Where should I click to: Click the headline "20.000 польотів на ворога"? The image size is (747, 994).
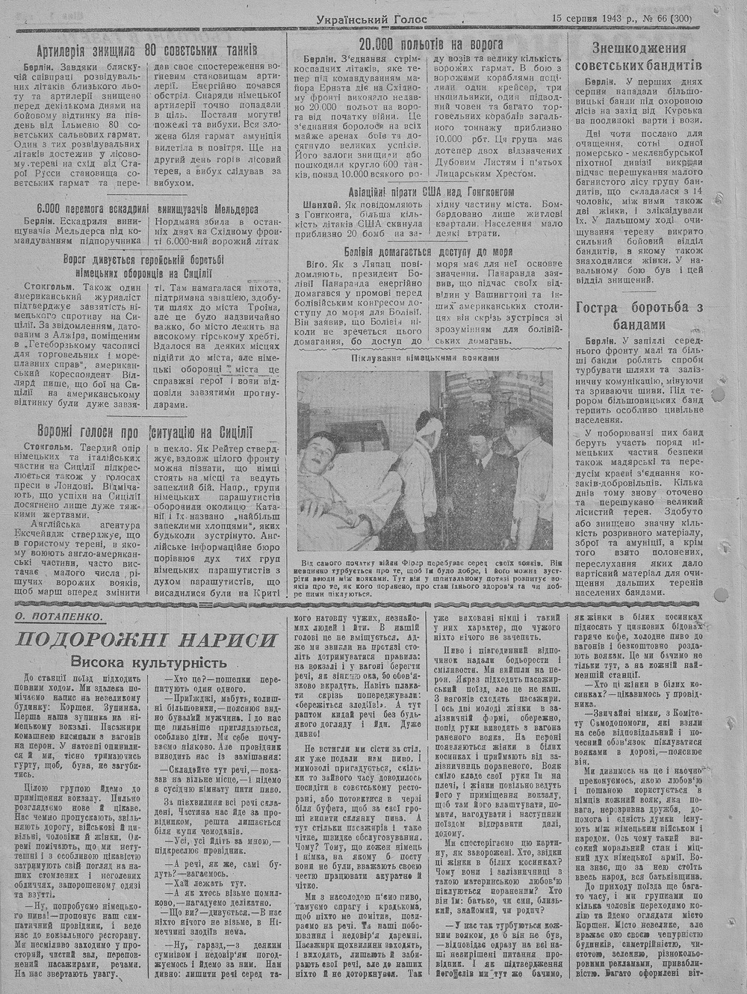pyautogui.click(x=431, y=45)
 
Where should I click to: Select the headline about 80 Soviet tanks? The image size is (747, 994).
pyautogui.click(x=147, y=51)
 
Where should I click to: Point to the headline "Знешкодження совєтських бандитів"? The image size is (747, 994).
pyautogui.click(x=640, y=57)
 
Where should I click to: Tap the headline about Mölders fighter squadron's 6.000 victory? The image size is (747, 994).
pyautogui.click(x=146, y=209)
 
